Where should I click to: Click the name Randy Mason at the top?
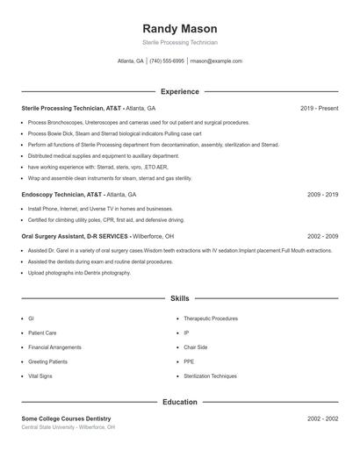click(180, 29)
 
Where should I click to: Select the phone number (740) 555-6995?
click(167, 61)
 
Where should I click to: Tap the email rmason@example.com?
click(216, 61)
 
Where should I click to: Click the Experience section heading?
click(180, 91)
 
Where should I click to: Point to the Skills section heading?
click(180, 299)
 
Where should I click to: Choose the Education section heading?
click(180, 402)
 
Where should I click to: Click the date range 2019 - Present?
click(319, 108)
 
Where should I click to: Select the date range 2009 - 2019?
click(322, 194)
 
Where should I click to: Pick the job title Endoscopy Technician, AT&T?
click(62, 194)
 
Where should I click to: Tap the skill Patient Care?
click(43, 333)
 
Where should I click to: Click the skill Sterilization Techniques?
click(210, 376)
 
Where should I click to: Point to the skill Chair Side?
click(195, 347)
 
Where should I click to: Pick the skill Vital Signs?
click(40, 376)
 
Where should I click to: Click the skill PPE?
click(188, 361)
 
